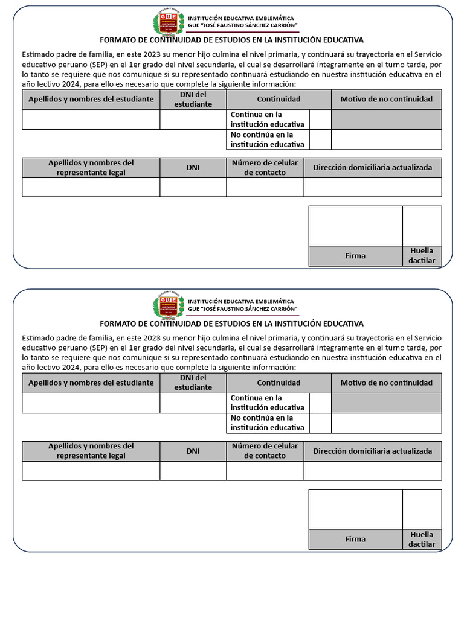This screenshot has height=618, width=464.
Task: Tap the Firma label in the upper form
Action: tap(355, 256)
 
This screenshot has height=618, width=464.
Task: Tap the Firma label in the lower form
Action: tap(355, 539)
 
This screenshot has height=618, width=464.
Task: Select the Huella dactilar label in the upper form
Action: tap(422, 256)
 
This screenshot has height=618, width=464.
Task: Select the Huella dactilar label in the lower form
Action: tap(422, 539)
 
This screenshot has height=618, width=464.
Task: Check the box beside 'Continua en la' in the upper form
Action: tap(320, 119)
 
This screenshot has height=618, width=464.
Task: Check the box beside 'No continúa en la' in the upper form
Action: tap(320, 139)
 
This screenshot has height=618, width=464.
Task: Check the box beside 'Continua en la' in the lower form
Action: tap(320, 403)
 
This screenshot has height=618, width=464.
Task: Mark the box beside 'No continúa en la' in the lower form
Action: tap(320, 422)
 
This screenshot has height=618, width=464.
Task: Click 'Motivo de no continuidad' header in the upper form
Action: tap(387, 99)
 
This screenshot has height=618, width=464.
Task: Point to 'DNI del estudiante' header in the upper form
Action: tap(193, 99)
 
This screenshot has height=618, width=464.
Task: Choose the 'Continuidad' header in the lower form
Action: tap(279, 383)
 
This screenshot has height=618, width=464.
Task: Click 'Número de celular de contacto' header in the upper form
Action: tap(265, 168)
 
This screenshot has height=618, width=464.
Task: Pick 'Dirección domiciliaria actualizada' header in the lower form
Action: tap(373, 451)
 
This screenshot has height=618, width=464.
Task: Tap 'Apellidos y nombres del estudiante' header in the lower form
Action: tap(91, 383)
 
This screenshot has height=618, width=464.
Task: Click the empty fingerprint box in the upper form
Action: tap(422, 226)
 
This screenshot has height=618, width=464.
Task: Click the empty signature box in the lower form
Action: tap(355, 509)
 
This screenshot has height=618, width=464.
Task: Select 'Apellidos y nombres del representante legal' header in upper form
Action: tap(91, 168)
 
